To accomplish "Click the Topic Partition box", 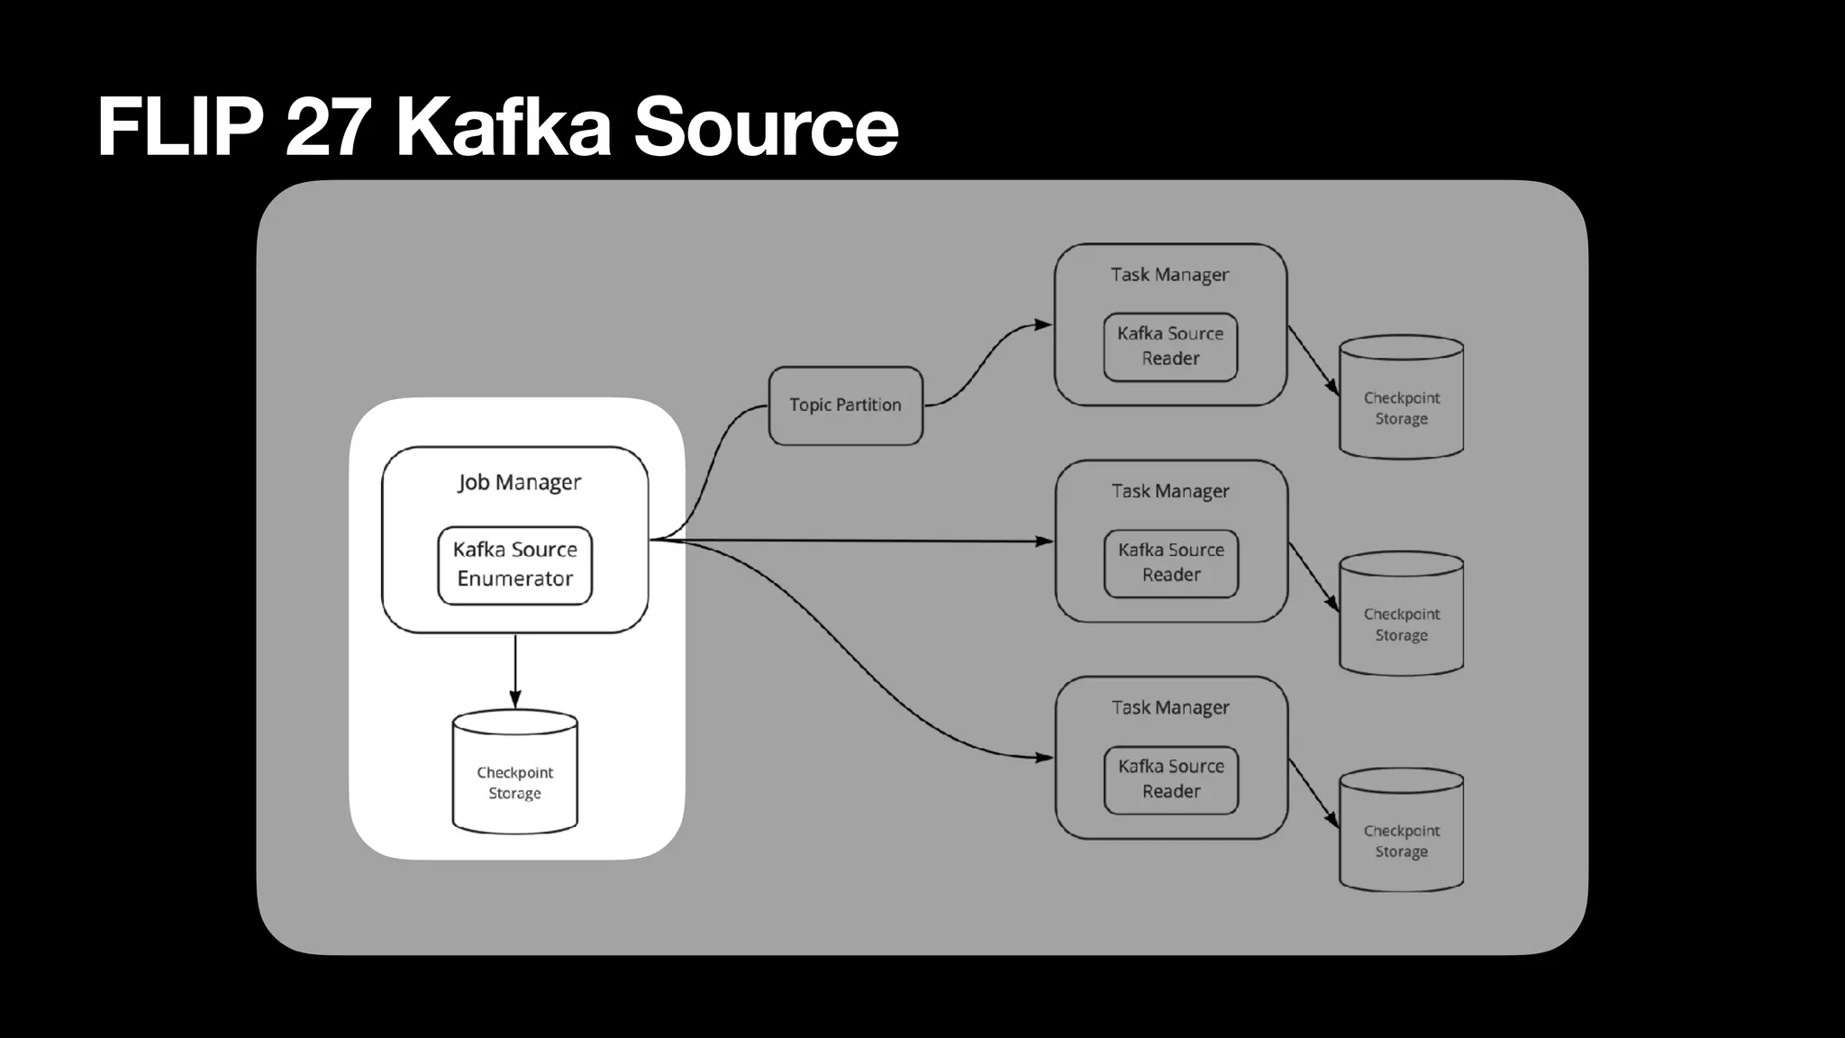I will click(845, 405).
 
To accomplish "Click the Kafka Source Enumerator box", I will click(514, 565).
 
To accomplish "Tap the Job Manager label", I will click(519, 482).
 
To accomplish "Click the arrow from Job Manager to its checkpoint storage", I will click(514, 671).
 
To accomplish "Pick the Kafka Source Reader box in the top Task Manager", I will click(1170, 346).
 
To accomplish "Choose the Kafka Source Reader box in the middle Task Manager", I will click(1171, 562).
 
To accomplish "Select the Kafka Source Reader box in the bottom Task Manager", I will click(1171, 778).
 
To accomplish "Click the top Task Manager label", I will click(1169, 275).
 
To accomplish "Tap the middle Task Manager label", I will click(1170, 491).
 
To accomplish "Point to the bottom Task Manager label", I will click(1170, 707).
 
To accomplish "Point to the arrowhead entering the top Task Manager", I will click(1043, 324).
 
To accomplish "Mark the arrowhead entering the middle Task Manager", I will click(1044, 542).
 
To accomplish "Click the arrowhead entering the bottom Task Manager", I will click(1044, 758).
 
